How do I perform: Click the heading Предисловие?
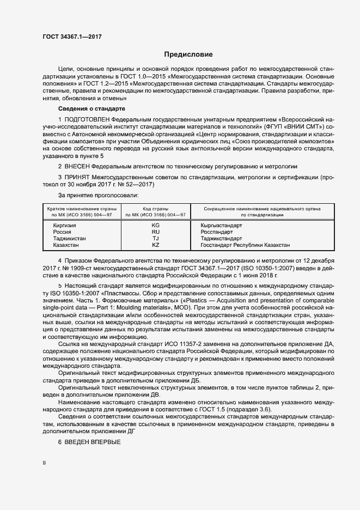tap(188, 54)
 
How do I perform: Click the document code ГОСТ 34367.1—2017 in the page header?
tap(72, 37)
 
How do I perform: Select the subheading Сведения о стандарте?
tap(89, 109)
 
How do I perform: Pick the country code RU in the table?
tap(155, 232)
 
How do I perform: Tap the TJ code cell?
tap(155, 239)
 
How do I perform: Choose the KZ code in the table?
tap(155, 245)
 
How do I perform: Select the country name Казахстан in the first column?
tap(59, 245)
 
